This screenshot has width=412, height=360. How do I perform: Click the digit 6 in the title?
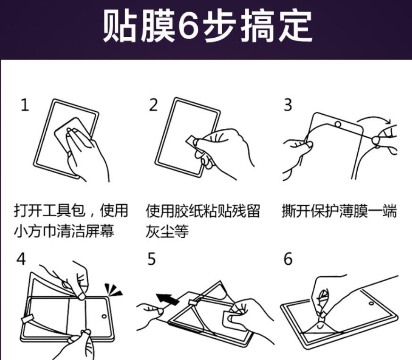pyautogui.click(x=188, y=26)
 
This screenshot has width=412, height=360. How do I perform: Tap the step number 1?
pyautogui.click(x=25, y=105)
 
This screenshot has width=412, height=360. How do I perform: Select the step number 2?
pyautogui.click(x=153, y=105)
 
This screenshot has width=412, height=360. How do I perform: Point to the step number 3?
pyautogui.click(x=288, y=105)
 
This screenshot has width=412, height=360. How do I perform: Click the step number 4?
pyautogui.click(x=21, y=259)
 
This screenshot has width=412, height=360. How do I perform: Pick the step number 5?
pyautogui.click(x=152, y=259)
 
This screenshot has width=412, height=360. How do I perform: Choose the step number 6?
pyautogui.click(x=288, y=259)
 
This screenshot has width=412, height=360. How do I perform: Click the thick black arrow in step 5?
pyautogui.click(x=168, y=299)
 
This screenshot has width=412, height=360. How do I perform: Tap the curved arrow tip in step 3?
pyautogui.click(x=389, y=122)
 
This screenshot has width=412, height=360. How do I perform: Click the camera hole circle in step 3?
pyautogui.click(x=338, y=124)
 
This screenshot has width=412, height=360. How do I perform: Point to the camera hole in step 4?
pyautogui.click(x=104, y=316)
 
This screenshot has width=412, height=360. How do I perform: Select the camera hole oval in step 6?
pyautogui.click(x=371, y=303)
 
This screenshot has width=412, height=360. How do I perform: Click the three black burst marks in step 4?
pyautogui.click(x=114, y=290)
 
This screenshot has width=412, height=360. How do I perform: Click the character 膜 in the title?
pyautogui.click(x=157, y=26)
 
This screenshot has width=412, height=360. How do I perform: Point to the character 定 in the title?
pyautogui.click(x=295, y=26)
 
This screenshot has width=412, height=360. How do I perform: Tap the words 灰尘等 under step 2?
pyautogui.click(x=167, y=232)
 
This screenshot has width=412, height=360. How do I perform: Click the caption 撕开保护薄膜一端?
pyautogui.click(x=339, y=211)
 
